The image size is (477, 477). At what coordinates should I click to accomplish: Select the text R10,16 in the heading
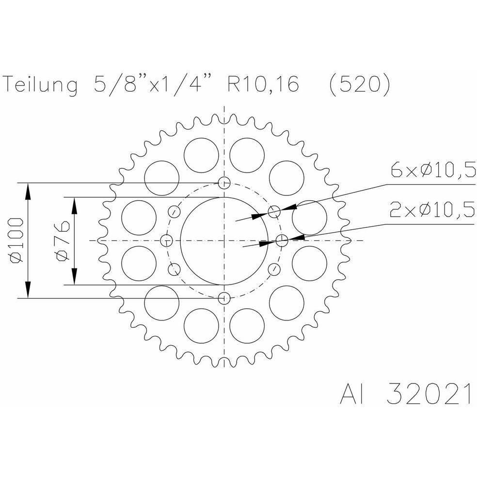[x=263, y=84]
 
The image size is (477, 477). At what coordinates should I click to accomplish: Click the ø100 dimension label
[x=16, y=240]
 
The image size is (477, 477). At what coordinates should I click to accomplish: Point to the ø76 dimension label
[x=63, y=240]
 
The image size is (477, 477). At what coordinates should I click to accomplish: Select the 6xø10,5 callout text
[x=433, y=170]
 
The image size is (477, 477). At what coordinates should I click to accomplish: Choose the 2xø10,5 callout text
[x=432, y=210]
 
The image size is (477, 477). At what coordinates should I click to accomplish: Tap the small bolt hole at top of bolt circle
[x=224, y=183]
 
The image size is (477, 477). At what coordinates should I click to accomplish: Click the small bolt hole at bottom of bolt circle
[x=224, y=299]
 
